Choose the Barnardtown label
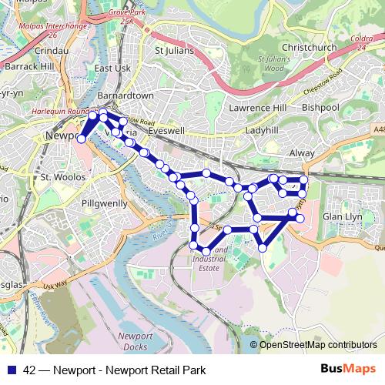coord(127,95)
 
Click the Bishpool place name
coord(320,108)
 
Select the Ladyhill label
coord(262,132)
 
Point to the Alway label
coord(302,153)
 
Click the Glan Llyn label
coord(343,218)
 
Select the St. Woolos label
coord(56,177)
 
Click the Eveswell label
coord(167,132)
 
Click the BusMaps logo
coord(350,370)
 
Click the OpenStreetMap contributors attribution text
coord(318,345)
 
